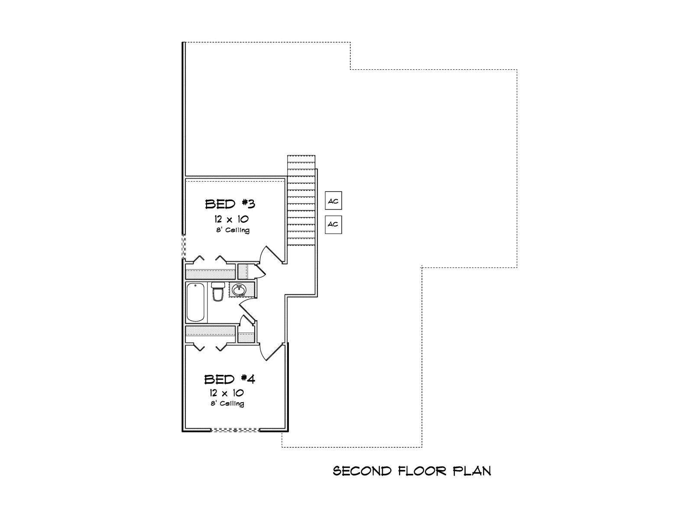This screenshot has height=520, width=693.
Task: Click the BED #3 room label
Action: click(230, 204)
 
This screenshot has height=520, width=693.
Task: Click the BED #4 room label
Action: click(230, 379)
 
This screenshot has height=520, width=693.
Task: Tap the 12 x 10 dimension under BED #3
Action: click(231, 219)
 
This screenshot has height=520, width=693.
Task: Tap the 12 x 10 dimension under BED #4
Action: click(227, 393)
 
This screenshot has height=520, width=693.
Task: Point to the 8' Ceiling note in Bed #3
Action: click(233, 230)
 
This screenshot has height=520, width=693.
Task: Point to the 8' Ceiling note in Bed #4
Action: click(227, 403)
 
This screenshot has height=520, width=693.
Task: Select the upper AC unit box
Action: click(334, 201)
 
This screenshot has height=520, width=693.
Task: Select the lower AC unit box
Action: click(334, 224)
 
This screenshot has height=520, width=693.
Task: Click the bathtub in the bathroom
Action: click(196, 302)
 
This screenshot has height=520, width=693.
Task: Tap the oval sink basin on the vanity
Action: click(240, 289)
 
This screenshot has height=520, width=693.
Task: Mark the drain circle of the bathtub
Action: click(195, 286)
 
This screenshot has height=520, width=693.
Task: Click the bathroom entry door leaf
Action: click(247, 310)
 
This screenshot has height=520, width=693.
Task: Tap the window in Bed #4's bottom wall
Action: click(235, 430)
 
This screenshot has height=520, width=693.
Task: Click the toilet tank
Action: click(217, 285)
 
